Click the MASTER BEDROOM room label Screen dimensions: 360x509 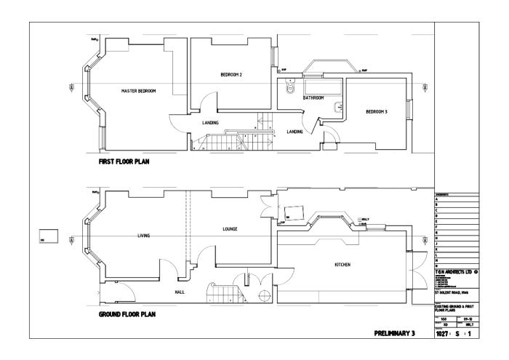138,91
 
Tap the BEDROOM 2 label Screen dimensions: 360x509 231,75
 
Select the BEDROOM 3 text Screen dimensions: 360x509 376,111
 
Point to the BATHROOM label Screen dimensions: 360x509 313,97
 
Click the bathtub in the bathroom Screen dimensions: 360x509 313,86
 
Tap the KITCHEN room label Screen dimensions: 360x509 342,265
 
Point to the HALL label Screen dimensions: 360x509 179,292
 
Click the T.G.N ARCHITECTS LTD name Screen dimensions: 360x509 454,271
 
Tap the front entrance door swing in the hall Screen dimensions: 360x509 124,293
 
